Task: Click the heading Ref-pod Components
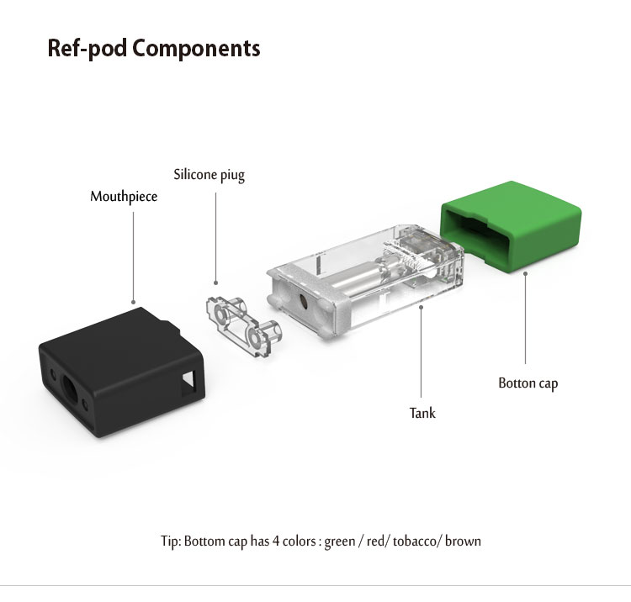(154, 48)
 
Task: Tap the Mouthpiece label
(124, 197)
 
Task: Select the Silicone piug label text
(209, 176)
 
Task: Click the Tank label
(422, 413)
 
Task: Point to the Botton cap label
(528, 383)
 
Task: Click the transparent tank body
(370, 277)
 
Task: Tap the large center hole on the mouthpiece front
(69, 390)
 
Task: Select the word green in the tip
(339, 541)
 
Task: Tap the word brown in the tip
(463, 541)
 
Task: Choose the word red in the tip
(378, 541)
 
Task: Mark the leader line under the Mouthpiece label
(134, 252)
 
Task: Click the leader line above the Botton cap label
(525, 319)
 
